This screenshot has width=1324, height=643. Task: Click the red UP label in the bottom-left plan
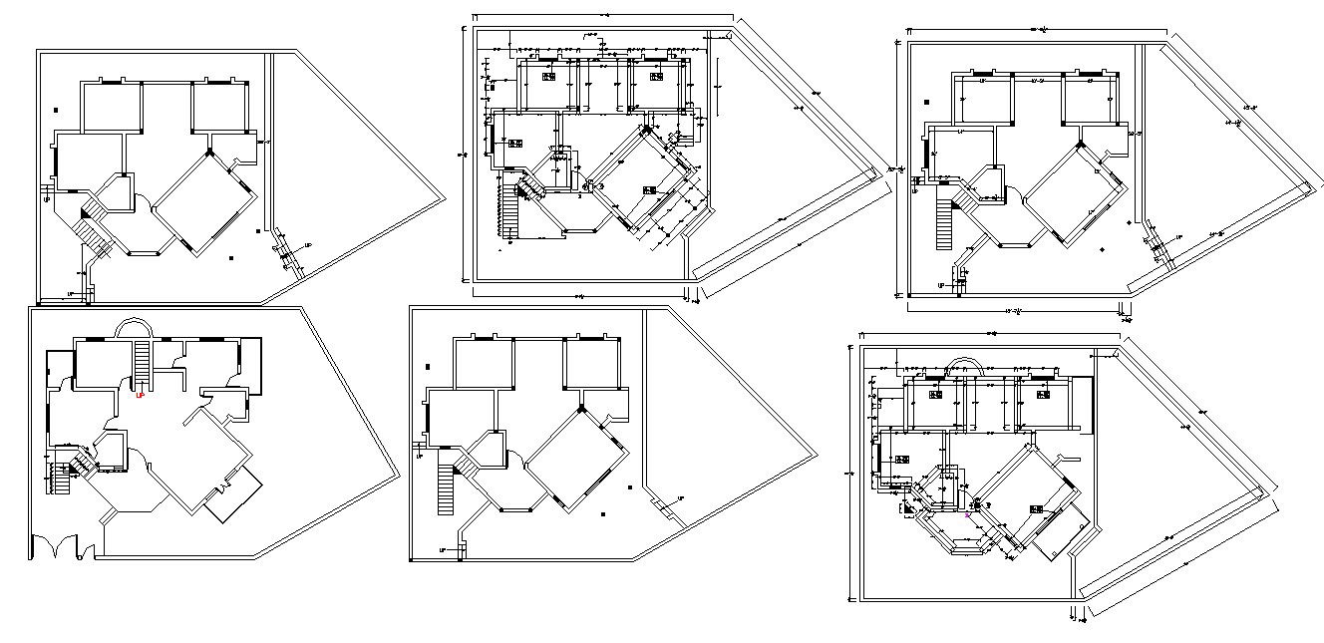pos(140,395)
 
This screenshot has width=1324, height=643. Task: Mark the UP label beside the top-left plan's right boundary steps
pos(307,245)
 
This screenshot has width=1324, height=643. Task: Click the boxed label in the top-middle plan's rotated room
pos(650,190)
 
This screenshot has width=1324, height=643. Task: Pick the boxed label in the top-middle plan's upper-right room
pos(654,76)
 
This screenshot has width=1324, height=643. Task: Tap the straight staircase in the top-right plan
pos(942,224)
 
